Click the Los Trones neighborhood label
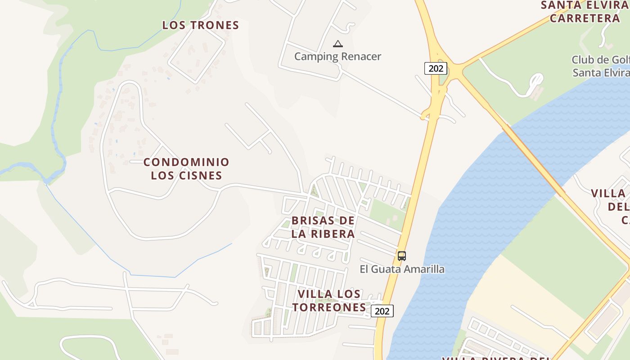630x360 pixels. (x=201, y=25)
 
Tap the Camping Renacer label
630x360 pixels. (x=337, y=57)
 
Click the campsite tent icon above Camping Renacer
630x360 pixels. (x=337, y=44)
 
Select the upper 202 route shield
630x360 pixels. (x=436, y=68)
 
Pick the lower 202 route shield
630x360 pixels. (x=382, y=311)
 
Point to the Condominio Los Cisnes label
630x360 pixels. (x=186, y=169)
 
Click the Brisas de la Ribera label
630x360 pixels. (x=323, y=227)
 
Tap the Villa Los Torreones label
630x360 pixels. (x=329, y=301)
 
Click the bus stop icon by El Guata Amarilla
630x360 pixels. (x=402, y=256)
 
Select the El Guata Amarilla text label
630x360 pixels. (x=402, y=269)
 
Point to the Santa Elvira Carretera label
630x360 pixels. (x=585, y=12)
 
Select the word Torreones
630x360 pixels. (x=329, y=307)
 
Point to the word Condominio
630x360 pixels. (x=186, y=162)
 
